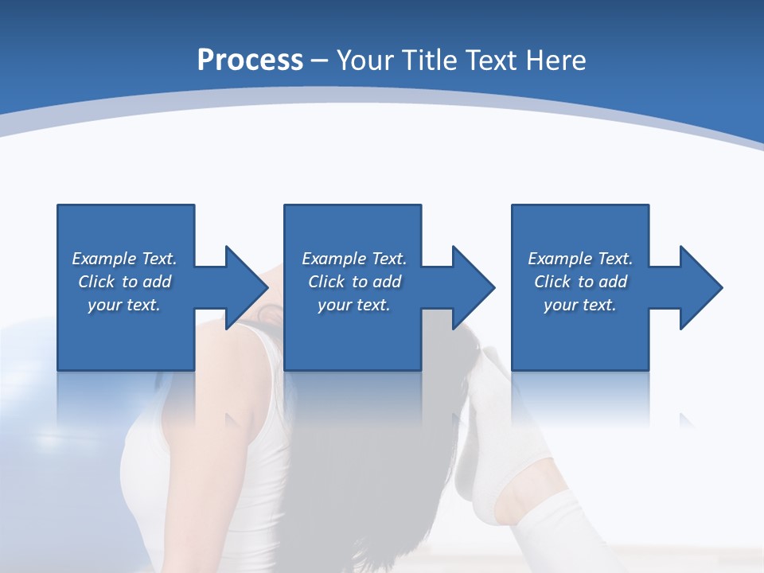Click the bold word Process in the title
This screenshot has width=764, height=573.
point(250,60)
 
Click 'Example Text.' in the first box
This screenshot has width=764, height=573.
point(124,259)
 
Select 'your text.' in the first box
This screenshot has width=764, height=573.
point(124,305)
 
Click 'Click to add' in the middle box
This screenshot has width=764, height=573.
point(354,282)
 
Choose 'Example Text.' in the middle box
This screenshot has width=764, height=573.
point(354,259)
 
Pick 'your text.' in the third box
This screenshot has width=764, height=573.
point(580,305)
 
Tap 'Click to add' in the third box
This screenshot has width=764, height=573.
point(580,282)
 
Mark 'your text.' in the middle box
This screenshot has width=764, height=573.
point(354,305)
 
